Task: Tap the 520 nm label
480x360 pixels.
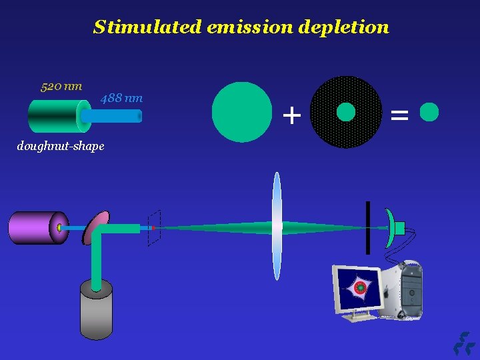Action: coord(61,86)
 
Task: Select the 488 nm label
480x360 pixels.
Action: coord(121,99)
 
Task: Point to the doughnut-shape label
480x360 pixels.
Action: coord(61,146)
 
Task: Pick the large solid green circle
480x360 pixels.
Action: coord(242,112)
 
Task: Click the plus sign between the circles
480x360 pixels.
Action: coord(291,116)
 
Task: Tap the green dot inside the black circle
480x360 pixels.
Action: coord(346,112)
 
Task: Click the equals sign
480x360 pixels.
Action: coord(399,116)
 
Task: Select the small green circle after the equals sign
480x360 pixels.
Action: coord(429,112)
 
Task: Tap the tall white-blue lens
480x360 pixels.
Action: coord(277,227)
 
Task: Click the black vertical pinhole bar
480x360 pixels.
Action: coord(367,227)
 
